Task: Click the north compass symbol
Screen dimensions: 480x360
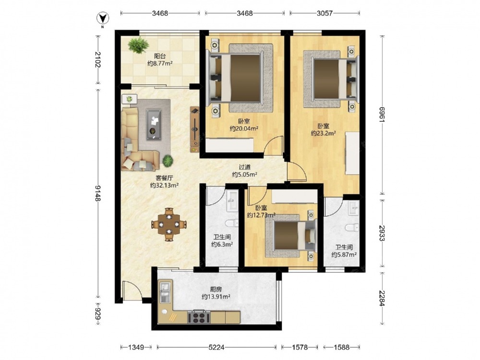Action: coord(103,19)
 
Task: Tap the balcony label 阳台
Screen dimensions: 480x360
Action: coord(160,56)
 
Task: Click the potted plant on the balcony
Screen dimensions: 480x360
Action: coord(138,45)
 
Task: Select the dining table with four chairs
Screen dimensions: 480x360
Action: coord(168,225)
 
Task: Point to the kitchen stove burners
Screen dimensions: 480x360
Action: coord(199,317)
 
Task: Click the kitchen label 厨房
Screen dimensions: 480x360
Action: coord(216,289)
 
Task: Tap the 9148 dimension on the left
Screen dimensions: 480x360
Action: coord(98,193)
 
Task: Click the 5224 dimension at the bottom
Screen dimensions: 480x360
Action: coord(216,347)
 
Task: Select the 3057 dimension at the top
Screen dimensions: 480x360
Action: coord(324,13)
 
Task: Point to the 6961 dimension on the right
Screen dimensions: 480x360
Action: coord(382,115)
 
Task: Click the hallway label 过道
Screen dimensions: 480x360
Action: coord(245,167)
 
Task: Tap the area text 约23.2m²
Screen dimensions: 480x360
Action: coord(323,133)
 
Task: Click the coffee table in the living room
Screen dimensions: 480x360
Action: coord(155,124)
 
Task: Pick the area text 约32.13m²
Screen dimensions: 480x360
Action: coord(164,185)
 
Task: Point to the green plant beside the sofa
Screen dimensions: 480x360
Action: coord(168,161)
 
